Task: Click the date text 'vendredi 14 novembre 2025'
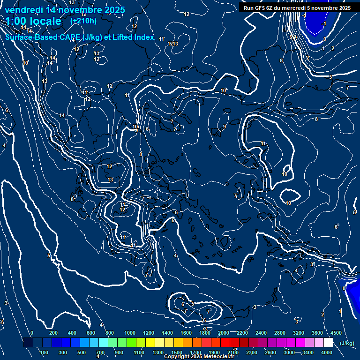coord(65,10)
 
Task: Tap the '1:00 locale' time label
coord(33,21)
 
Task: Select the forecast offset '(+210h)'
coord(83,21)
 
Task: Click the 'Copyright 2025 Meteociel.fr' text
coord(199,357)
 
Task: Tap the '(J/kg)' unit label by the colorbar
coord(346,343)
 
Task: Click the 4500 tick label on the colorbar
coord(336,333)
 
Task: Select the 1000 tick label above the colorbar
coord(130,333)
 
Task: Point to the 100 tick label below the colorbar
coord(44,352)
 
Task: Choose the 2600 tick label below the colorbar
coord(270,352)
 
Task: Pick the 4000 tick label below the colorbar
coord(327,352)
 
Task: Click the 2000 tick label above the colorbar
coord(224,333)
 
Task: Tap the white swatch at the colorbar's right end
coord(328,343)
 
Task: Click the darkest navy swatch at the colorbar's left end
coord(28,343)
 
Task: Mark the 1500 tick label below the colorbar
coord(177,352)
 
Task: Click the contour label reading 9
coord(225,127)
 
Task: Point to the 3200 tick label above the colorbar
coord(299,333)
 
